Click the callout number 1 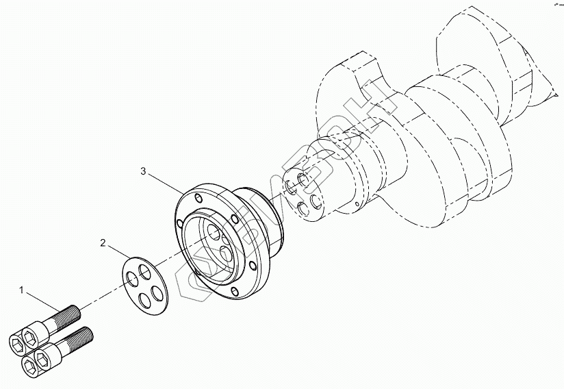point(22,290)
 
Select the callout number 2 point(103,242)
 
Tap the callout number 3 point(143,171)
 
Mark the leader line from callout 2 point(116,251)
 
